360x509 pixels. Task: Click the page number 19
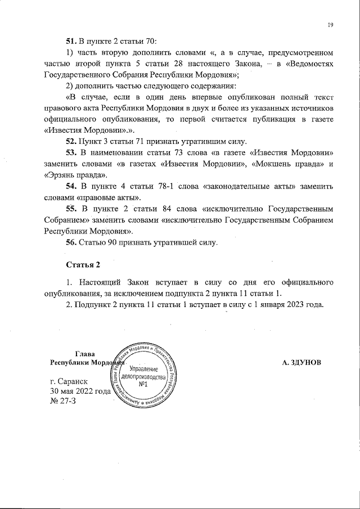(331, 25)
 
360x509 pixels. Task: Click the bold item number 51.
(72, 41)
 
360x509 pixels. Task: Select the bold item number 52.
(72, 141)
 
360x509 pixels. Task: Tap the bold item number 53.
(72, 152)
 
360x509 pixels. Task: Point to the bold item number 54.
(72, 186)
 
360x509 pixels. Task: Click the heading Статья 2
(83, 265)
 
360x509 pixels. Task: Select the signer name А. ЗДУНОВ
(302, 363)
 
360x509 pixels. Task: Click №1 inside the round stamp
(143, 385)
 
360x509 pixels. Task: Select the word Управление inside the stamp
(145, 367)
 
